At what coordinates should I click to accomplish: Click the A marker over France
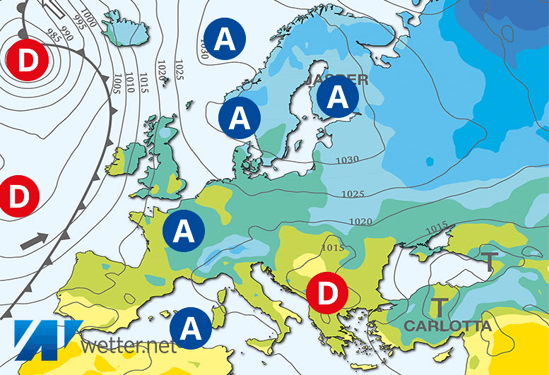(184, 230)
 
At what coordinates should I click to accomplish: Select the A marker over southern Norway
(240, 116)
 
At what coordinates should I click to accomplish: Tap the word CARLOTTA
(447, 326)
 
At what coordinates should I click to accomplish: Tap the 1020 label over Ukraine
(360, 222)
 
